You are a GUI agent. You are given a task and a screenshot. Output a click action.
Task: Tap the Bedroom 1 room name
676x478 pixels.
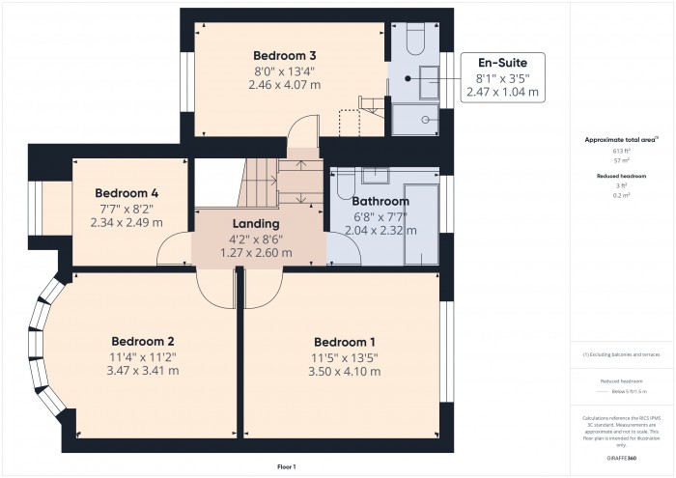(x=344, y=342)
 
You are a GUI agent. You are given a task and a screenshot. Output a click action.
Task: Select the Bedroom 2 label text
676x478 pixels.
(x=142, y=341)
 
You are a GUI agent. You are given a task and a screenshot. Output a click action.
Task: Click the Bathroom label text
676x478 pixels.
(x=380, y=201)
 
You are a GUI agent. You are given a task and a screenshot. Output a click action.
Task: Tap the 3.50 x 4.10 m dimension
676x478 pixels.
(x=344, y=373)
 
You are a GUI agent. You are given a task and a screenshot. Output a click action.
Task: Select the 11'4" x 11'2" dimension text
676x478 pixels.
(x=142, y=356)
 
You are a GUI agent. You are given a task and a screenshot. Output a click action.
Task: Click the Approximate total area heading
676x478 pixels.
(x=621, y=139)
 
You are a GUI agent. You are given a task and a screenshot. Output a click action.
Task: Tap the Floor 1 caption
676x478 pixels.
(x=286, y=466)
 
